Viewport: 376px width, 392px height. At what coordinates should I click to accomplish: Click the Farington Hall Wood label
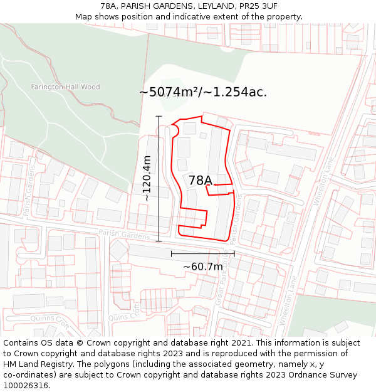tap(65, 87)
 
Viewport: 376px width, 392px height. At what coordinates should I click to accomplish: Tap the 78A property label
tap(201, 181)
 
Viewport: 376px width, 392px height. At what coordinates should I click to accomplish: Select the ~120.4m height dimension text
tap(147, 178)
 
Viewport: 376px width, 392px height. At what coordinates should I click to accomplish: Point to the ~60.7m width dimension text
tap(202, 267)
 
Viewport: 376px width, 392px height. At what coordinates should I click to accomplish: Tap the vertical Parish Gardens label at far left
tap(28, 196)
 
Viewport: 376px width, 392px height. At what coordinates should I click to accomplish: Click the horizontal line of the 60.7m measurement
tap(202, 253)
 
